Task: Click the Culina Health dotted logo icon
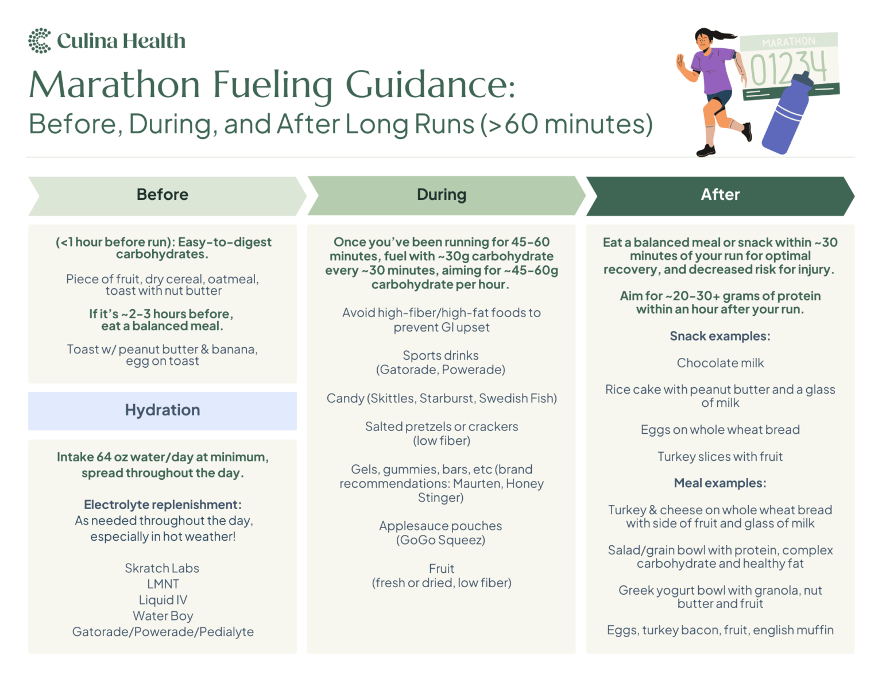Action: click(40, 41)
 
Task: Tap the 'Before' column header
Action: click(163, 195)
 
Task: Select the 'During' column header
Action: click(442, 195)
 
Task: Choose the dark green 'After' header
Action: click(720, 195)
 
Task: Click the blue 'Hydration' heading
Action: click(163, 410)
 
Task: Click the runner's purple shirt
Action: click(711, 71)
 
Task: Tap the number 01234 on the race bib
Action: click(788, 68)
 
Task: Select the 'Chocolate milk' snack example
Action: click(720, 363)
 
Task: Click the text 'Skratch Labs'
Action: click(163, 568)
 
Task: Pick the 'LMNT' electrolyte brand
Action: click(163, 584)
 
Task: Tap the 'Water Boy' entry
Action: click(163, 616)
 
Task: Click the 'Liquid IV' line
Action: click(163, 600)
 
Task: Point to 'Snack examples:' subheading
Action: click(720, 336)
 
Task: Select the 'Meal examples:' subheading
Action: click(720, 483)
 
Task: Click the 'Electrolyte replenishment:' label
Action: click(163, 505)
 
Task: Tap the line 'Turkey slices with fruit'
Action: click(720, 457)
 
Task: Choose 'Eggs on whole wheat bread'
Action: click(720, 430)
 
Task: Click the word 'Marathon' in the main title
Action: click(115, 85)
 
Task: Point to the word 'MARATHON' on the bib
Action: click(788, 42)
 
